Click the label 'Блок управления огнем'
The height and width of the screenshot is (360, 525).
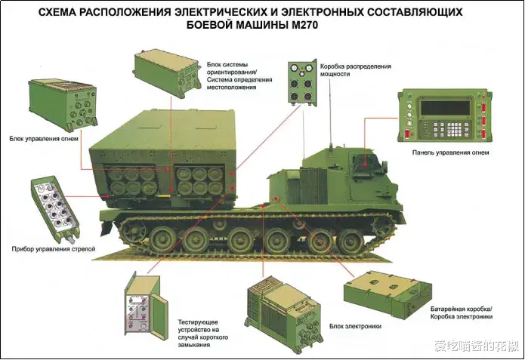(44, 139)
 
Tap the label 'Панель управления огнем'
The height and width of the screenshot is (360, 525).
(450, 152)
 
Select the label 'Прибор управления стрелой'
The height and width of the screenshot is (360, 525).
(54, 249)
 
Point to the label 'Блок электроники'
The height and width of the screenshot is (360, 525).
(355, 326)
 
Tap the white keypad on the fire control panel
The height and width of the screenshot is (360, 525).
(455, 128)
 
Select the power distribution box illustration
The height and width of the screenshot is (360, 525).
(302, 84)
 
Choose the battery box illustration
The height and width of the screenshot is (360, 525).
(388, 295)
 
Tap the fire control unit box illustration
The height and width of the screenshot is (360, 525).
(63, 104)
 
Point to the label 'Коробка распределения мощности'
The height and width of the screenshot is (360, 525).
(356, 70)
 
